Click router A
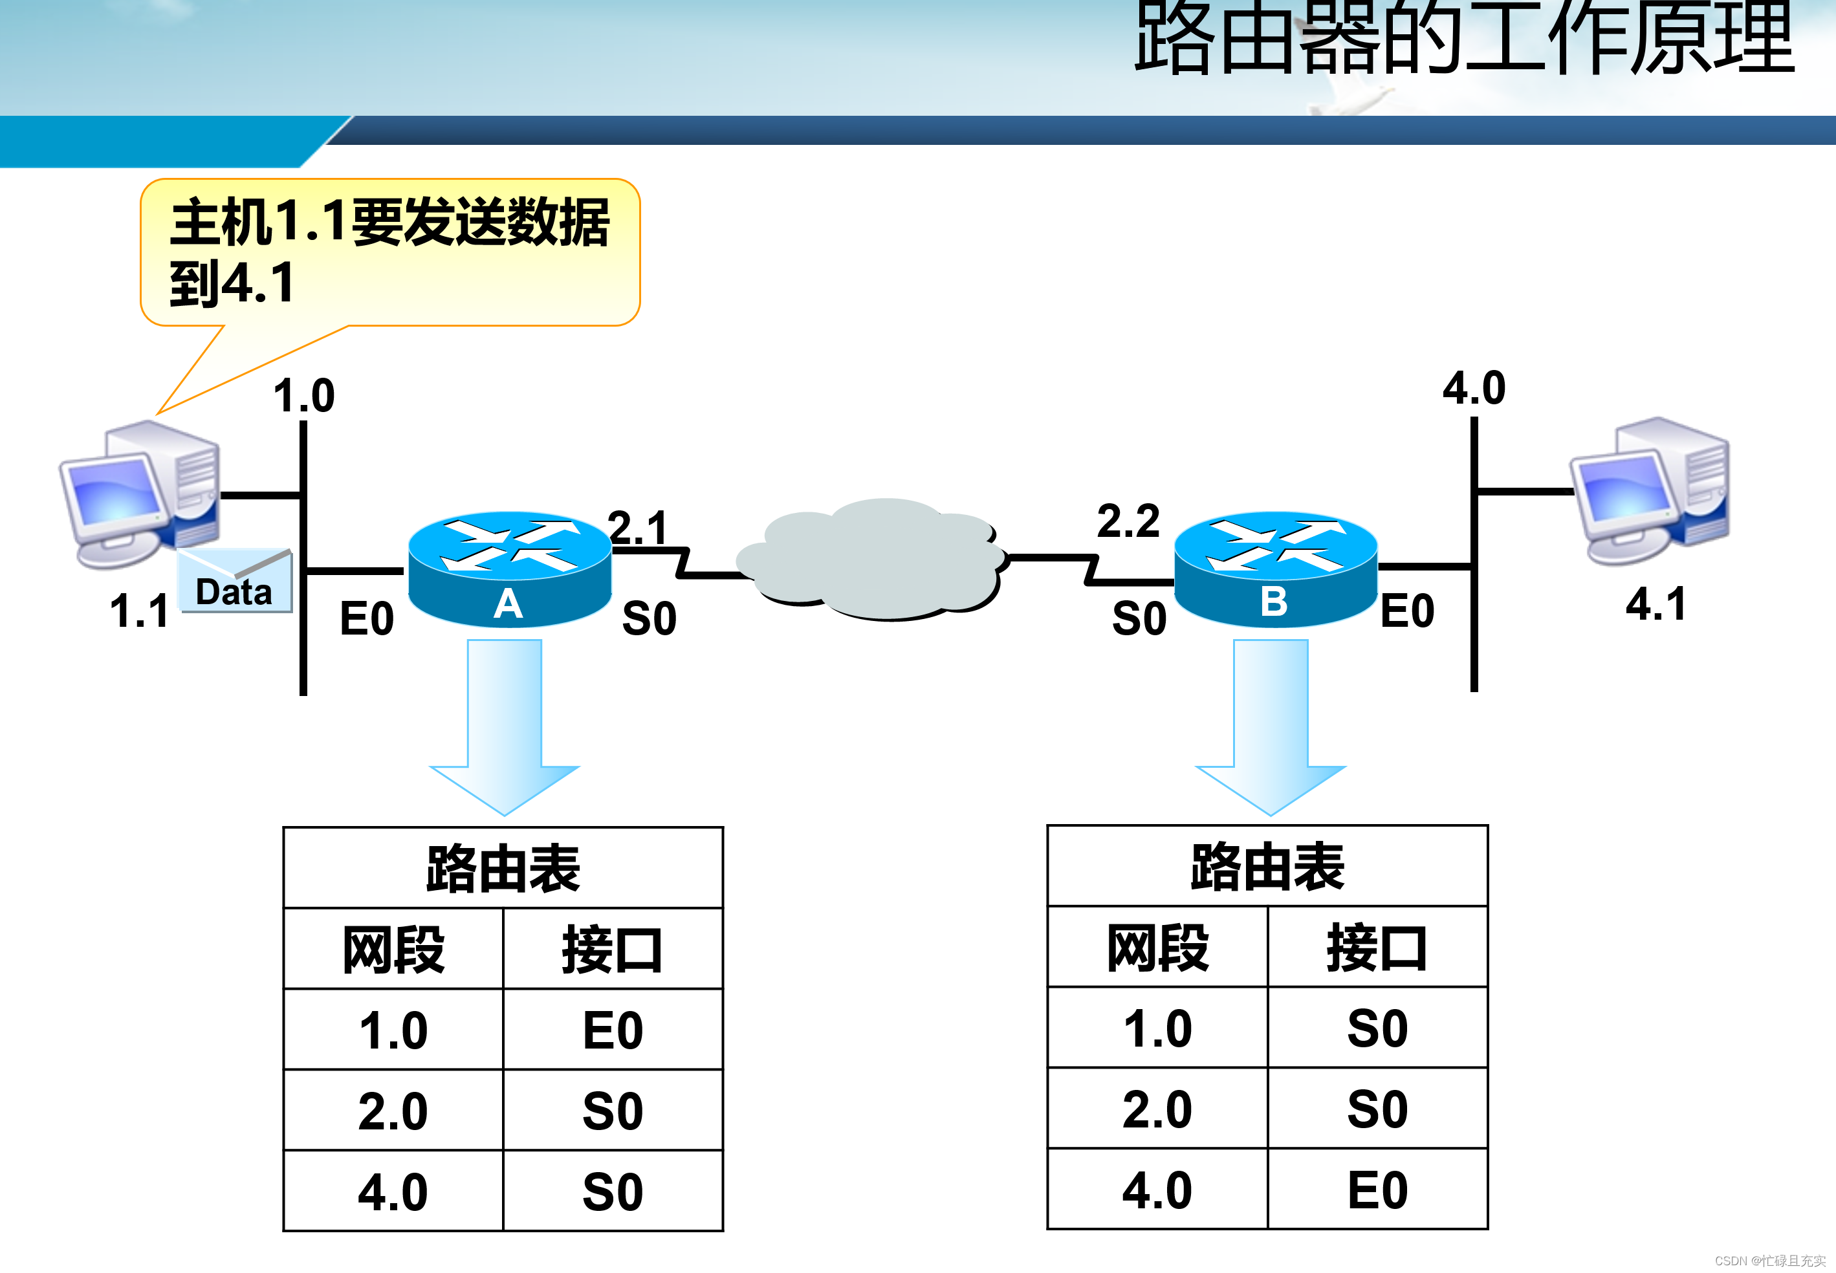[509, 568]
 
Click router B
[1274, 568]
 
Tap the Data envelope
[234, 582]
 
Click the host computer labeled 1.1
[140, 495]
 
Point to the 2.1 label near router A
[638, 527]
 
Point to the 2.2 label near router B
[1128, 521]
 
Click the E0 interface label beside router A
[367, 618]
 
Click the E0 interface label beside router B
[1407, 611]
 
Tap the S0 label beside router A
[650, 618]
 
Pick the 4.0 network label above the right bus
[1474, 389]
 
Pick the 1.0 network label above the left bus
[304, 396]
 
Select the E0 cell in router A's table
[613, 1030]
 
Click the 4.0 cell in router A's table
[393, 1191]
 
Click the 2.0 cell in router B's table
[1157, 1109]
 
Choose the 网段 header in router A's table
[393, 949]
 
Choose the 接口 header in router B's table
[1377, 948]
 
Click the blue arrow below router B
[1271, 726]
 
